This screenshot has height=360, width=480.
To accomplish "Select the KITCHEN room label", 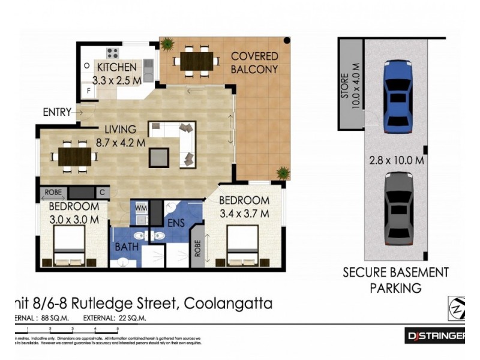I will (x=117, y=67).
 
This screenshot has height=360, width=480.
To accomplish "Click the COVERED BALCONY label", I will (x=254, y=62).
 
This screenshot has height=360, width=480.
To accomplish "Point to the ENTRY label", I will (x=56, y=112).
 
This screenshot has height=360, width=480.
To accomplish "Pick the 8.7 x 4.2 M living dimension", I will (x=121, y=143).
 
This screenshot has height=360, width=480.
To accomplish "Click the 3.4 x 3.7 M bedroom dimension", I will (x=243, y=212).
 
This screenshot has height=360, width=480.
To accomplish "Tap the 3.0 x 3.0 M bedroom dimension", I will (x=74, y=219).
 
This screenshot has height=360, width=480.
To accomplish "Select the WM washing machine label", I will (x=141, y=208).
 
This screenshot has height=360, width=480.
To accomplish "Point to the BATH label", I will (x=127, y=247).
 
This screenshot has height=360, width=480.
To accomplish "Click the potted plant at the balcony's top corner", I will (x=167, y=44).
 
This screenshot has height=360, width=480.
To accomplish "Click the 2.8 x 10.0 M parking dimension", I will (x=397, y=160).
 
